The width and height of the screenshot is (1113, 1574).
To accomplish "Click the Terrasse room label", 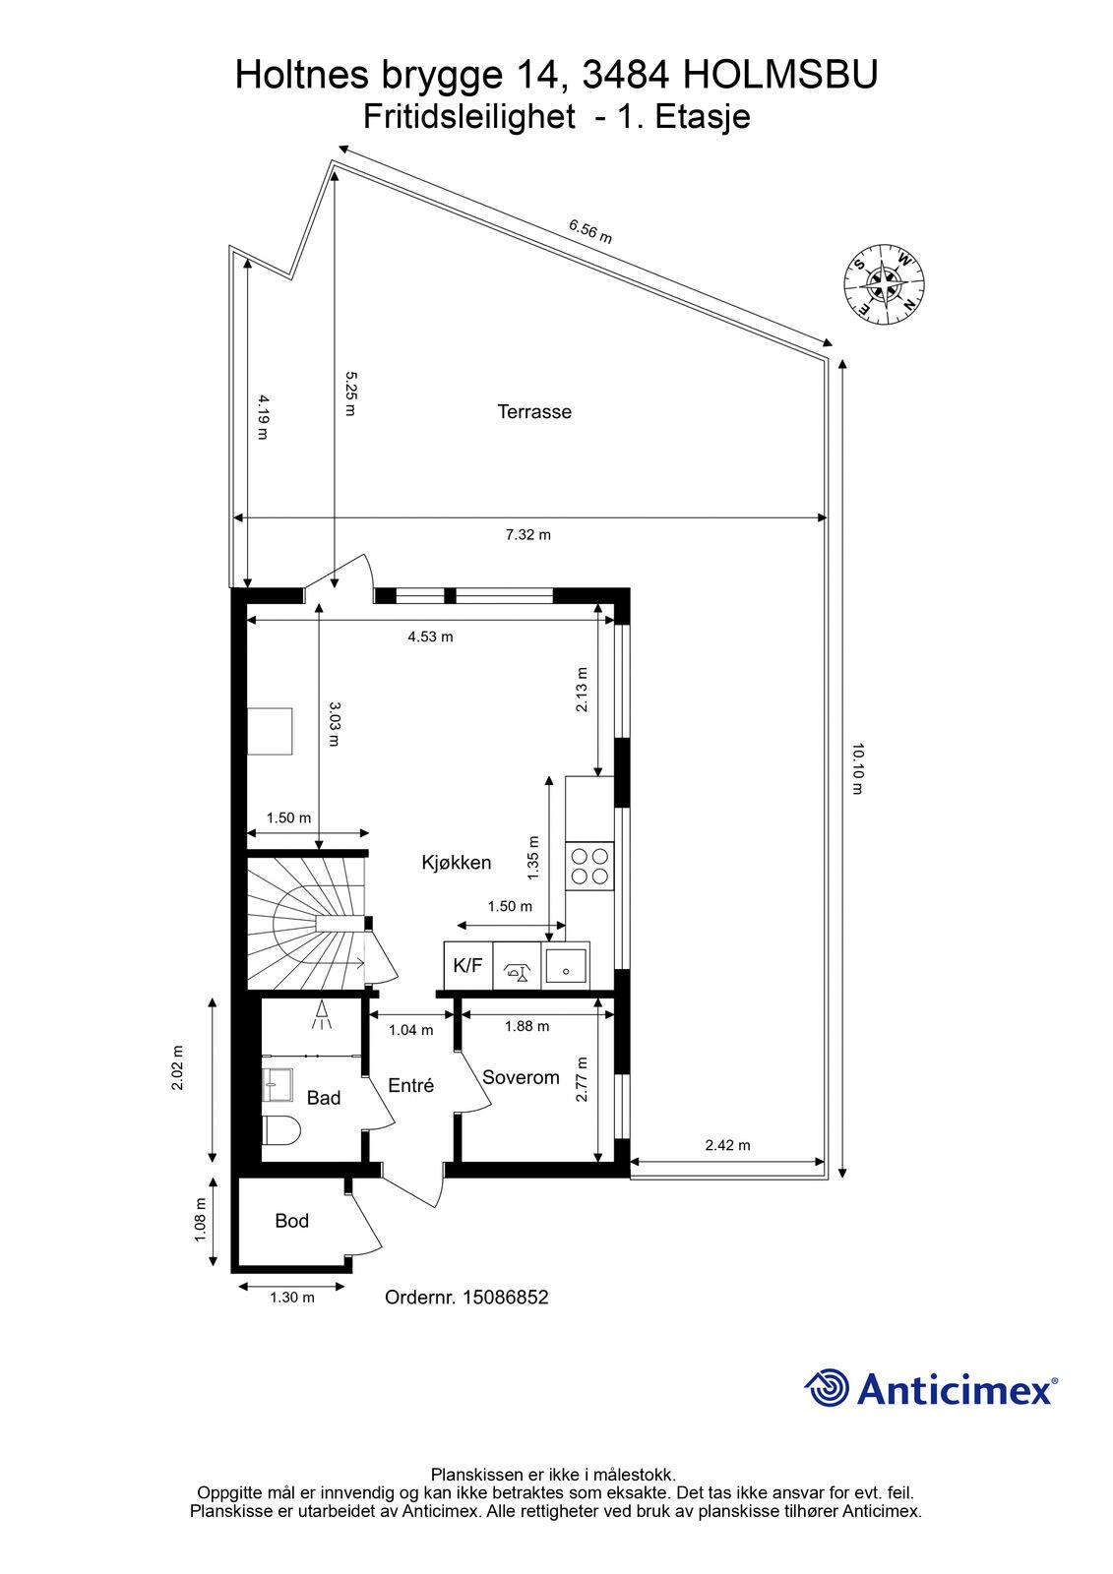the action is [x=534, y=412].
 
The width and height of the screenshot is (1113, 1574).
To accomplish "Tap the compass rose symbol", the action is [x=884, y=284].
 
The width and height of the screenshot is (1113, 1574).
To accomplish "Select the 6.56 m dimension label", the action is [x=589, y=231].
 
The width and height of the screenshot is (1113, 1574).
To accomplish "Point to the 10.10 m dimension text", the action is [x=857, y=768].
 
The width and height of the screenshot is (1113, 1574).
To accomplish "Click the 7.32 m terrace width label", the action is [x=528, y=535].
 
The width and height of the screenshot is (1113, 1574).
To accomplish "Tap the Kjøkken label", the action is [x=457, y=863].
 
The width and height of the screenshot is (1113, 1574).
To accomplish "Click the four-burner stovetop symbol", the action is [x=589, y=866].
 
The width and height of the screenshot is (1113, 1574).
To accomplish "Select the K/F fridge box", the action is [x=468, y=965].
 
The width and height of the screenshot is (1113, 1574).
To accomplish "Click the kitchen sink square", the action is [x=565, y=965].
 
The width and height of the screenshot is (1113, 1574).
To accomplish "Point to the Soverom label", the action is [x=521, y=1077].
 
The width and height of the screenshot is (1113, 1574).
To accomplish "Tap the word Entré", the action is [x=411, y=1086].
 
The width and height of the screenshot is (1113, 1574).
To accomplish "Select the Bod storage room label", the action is [x=292, y=1221].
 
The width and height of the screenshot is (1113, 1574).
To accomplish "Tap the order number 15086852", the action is [x=505, y=1298].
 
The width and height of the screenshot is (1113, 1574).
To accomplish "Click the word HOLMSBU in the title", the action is [x=780, y=75].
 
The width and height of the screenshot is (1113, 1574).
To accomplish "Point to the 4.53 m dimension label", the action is [x=430, y=636].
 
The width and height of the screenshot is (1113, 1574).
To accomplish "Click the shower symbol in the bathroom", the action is [x=322, y=1016].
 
